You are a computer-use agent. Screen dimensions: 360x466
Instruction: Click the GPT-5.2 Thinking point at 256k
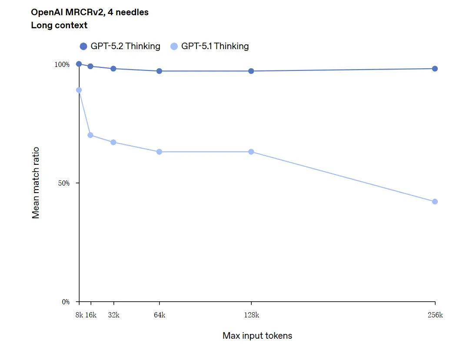(x=435, y=69)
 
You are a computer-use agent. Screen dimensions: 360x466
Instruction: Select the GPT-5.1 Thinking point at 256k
(x=435, y=202)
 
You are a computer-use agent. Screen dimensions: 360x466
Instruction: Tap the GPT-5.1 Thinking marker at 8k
(x=79, y=90)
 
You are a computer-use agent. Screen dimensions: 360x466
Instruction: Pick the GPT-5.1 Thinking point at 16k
(x=90, y=135)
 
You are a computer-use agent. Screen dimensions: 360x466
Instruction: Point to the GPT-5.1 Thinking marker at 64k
(x=159, y=152)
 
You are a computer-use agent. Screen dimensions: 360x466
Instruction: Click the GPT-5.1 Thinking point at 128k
(x=251, y=152)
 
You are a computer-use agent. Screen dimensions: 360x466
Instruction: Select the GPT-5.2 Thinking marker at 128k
(x=251, y=71)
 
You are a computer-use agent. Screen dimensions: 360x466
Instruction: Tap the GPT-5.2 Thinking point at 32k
(x=113, y=69)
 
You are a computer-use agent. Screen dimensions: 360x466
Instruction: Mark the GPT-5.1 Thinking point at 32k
(x=113, y=142)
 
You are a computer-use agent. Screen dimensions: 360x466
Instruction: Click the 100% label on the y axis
(x=62, y=64)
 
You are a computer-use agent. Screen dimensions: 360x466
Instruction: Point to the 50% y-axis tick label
(x=63, y=183)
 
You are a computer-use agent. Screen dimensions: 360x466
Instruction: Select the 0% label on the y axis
(x=65, y=302)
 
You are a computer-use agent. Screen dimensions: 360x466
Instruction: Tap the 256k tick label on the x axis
(x=435, y=315)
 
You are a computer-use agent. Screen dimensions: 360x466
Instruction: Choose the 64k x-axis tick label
(x=159, y=315)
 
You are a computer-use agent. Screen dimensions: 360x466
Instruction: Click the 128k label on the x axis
(x=251, y=315)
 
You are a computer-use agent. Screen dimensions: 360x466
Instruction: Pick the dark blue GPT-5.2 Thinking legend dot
(x=83, y=47)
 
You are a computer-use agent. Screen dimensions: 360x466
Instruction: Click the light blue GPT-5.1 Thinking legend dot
(x=174, y=47)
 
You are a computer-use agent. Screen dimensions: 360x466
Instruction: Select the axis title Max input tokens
(x=257, y=336)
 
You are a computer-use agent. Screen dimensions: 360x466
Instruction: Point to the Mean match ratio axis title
(x=36, y=183)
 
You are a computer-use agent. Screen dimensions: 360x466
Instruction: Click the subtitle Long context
(x=59, y=25)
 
